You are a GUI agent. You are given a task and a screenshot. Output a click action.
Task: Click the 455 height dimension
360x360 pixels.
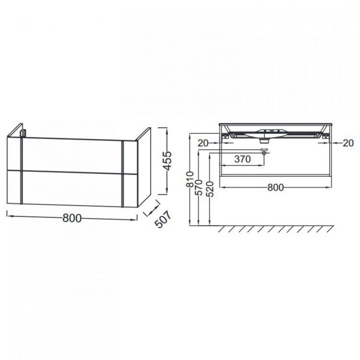168,160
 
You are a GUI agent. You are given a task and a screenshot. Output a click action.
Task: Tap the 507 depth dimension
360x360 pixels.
163,219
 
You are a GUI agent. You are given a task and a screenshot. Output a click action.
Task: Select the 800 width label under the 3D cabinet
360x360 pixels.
72,218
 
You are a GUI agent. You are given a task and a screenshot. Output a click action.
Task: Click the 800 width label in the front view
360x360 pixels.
276,188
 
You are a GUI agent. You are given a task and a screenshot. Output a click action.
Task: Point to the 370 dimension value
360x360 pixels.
242,159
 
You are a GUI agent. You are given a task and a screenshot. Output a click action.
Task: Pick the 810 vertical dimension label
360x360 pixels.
191,180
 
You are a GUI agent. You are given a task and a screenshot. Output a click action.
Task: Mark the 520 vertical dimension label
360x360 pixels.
210,189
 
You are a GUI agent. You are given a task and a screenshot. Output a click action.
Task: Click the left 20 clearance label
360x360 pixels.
203,143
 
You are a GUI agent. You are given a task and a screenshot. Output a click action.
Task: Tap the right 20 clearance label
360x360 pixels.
348,143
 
